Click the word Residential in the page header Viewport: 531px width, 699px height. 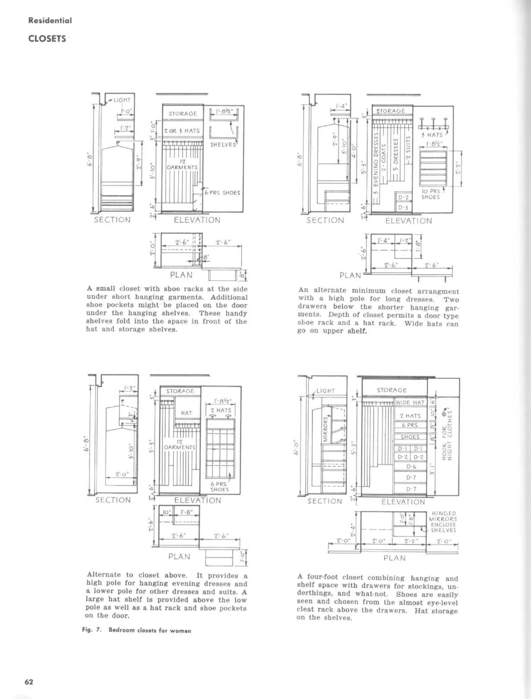50,20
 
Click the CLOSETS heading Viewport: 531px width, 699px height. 47,39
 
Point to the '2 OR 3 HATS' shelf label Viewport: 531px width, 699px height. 182,131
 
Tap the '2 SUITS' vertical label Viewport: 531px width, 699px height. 408,149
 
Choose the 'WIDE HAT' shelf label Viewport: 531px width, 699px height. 410,403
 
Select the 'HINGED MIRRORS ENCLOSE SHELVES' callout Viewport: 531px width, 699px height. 443,522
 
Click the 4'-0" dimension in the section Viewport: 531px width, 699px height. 354,151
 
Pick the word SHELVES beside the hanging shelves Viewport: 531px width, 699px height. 223,145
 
